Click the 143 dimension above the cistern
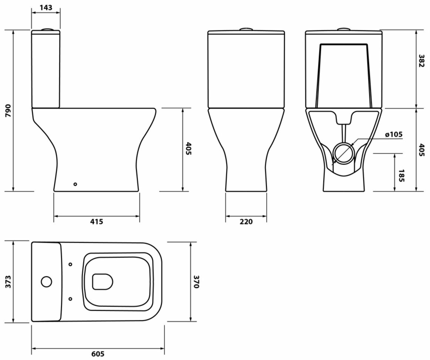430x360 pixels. [x=46, y=7]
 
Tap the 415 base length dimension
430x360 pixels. [x=97, y=222]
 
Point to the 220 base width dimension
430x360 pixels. [x=246, y=222]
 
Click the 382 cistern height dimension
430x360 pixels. [x=421, y=61]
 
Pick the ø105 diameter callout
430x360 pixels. [x=393, y=135]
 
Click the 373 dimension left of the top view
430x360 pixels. [x=8, y=282]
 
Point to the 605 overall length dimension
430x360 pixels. [x=98, y=354]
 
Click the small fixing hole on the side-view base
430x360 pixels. [x=75, y=184]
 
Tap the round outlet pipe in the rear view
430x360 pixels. [x=344, y=154]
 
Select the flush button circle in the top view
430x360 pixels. [x=46, y=282]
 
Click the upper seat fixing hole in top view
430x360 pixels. [x=70, y=264]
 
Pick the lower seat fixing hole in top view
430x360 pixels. [x=70, y=298]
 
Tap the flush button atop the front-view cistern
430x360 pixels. [x=246, y=30]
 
